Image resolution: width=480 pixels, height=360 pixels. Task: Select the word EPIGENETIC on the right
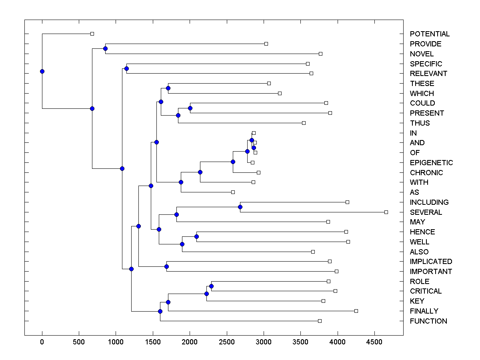(431, 163)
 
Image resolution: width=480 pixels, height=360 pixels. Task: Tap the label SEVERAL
(426, 212)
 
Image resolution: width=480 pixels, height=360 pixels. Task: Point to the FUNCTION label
(428, 321)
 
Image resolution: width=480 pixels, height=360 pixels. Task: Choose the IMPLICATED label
(431, 262)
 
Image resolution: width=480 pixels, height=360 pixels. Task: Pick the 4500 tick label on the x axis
(374, 341)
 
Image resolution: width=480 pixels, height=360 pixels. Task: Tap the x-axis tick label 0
(42, 341)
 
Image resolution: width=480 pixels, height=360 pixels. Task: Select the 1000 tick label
(116, 341)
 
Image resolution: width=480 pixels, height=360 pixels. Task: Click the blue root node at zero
(42, 71)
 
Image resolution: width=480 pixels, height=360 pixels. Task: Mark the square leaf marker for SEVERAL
(386, 212)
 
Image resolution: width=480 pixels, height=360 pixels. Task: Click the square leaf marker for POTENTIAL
(92, 34)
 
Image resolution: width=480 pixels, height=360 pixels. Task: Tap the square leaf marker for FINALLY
(356, 311)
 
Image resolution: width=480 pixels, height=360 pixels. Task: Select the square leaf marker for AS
(233, 192)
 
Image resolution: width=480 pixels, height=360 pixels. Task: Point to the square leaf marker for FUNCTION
(320, 321)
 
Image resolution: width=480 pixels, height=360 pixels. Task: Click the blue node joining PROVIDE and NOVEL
(105, 48)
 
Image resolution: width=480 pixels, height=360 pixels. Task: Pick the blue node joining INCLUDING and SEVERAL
(240, 207)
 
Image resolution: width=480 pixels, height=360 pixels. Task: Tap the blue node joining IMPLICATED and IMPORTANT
(166, 266)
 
